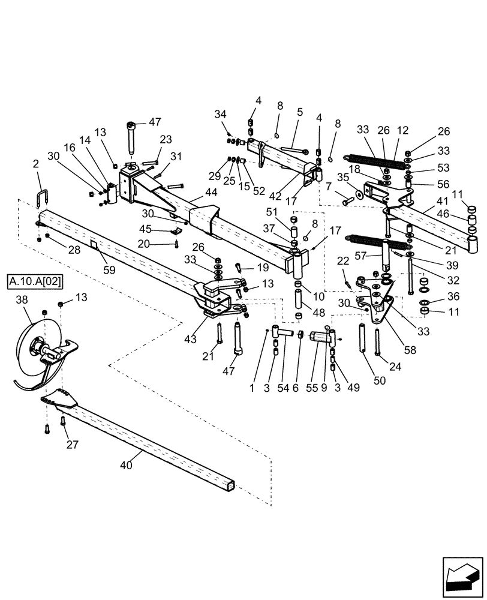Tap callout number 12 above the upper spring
point(402,131)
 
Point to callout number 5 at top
point(299,112)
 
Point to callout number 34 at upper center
point(221,114)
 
